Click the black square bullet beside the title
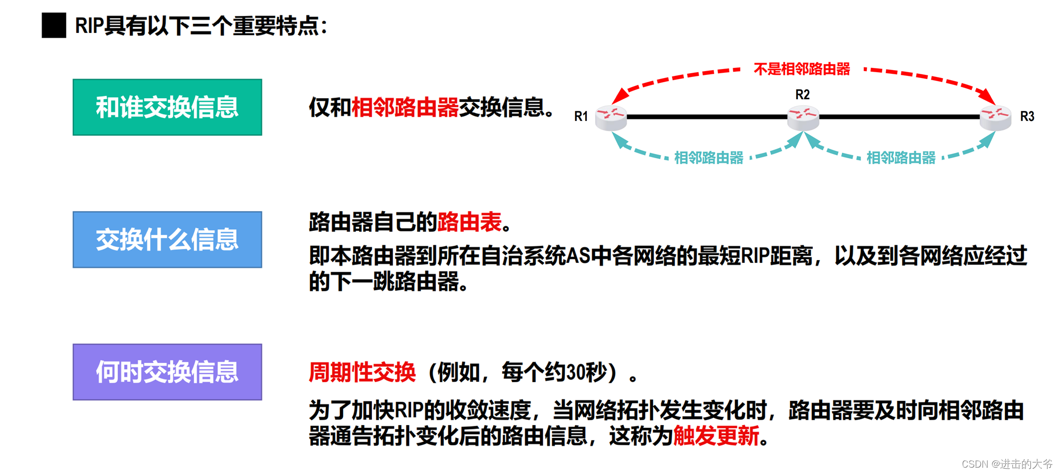coord(54,25)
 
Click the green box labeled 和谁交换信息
coord(167,107)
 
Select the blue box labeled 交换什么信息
coord(167,239)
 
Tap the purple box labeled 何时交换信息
coord(167,372)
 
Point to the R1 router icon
coord(611,117)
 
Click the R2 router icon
coord(803,117)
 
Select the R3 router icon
coord(995,117)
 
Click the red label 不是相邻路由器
coord(802,69)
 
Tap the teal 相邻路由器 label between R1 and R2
coord(709,158)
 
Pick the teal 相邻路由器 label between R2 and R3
coord(901,158)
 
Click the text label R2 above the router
coord(802,94)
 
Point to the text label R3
coord(1027,116)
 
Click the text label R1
coord(581,116)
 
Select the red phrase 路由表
coord(469,222)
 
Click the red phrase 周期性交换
coord(362,372)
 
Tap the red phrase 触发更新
coord(716,436)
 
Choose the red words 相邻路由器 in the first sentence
coord(405,107)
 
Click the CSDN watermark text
coord(1006,464)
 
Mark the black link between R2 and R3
coord(899,117)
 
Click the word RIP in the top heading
coord(89,25)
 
